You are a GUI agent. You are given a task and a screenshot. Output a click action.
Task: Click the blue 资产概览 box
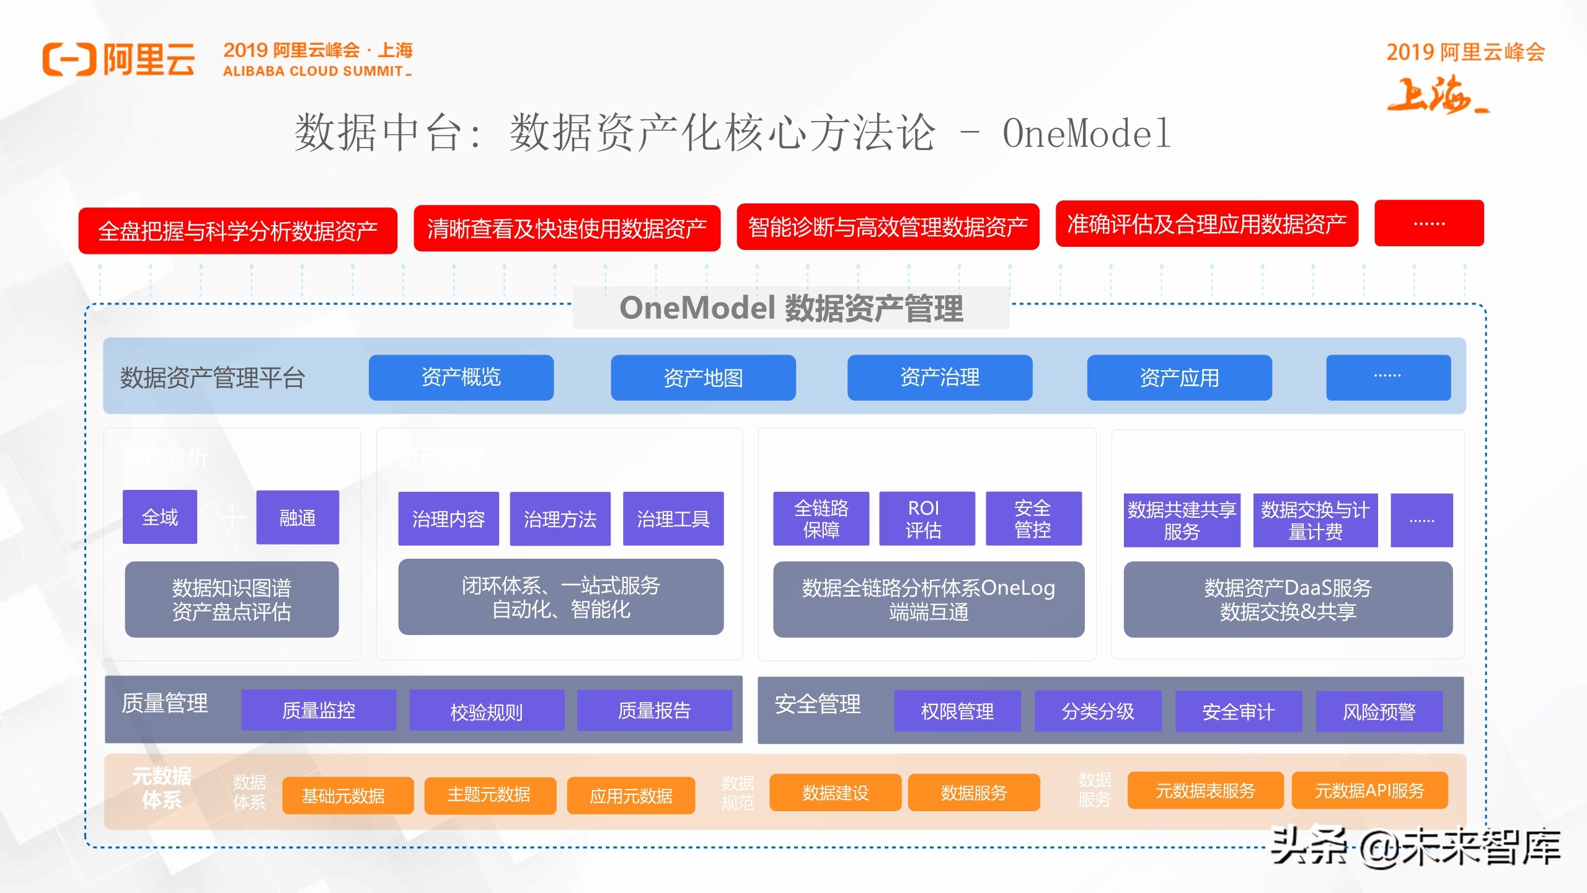point(461,377)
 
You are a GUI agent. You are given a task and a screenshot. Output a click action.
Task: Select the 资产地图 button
point(703,377)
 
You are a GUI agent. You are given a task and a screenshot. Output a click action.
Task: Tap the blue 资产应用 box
point(1179,377)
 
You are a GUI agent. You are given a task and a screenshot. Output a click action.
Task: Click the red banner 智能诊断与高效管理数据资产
point(888,227)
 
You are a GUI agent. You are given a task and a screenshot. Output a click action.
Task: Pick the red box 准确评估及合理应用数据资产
point(1206,224)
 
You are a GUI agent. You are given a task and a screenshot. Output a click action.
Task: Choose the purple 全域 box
point(160,517)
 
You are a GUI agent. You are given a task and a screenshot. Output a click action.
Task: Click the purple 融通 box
point(298,517)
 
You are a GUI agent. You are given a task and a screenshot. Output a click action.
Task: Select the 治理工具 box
point(673,519)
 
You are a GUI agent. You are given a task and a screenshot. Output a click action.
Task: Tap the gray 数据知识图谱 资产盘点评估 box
point(232,599)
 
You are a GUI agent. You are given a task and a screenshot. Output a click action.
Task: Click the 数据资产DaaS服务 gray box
point(1288,599)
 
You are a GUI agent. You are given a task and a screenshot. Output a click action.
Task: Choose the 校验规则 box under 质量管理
point(487,711)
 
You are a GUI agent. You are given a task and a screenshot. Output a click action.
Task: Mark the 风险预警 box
point(1379,711)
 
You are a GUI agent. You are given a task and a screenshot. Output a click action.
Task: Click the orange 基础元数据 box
point(348,795)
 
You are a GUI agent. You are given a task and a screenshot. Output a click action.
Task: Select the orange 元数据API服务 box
point(1369,791)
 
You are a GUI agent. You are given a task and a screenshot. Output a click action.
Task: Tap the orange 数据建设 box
point(835,793)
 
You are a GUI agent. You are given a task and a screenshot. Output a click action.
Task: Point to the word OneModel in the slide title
point(1086,133)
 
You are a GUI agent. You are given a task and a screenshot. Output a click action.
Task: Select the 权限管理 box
point(957,711)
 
